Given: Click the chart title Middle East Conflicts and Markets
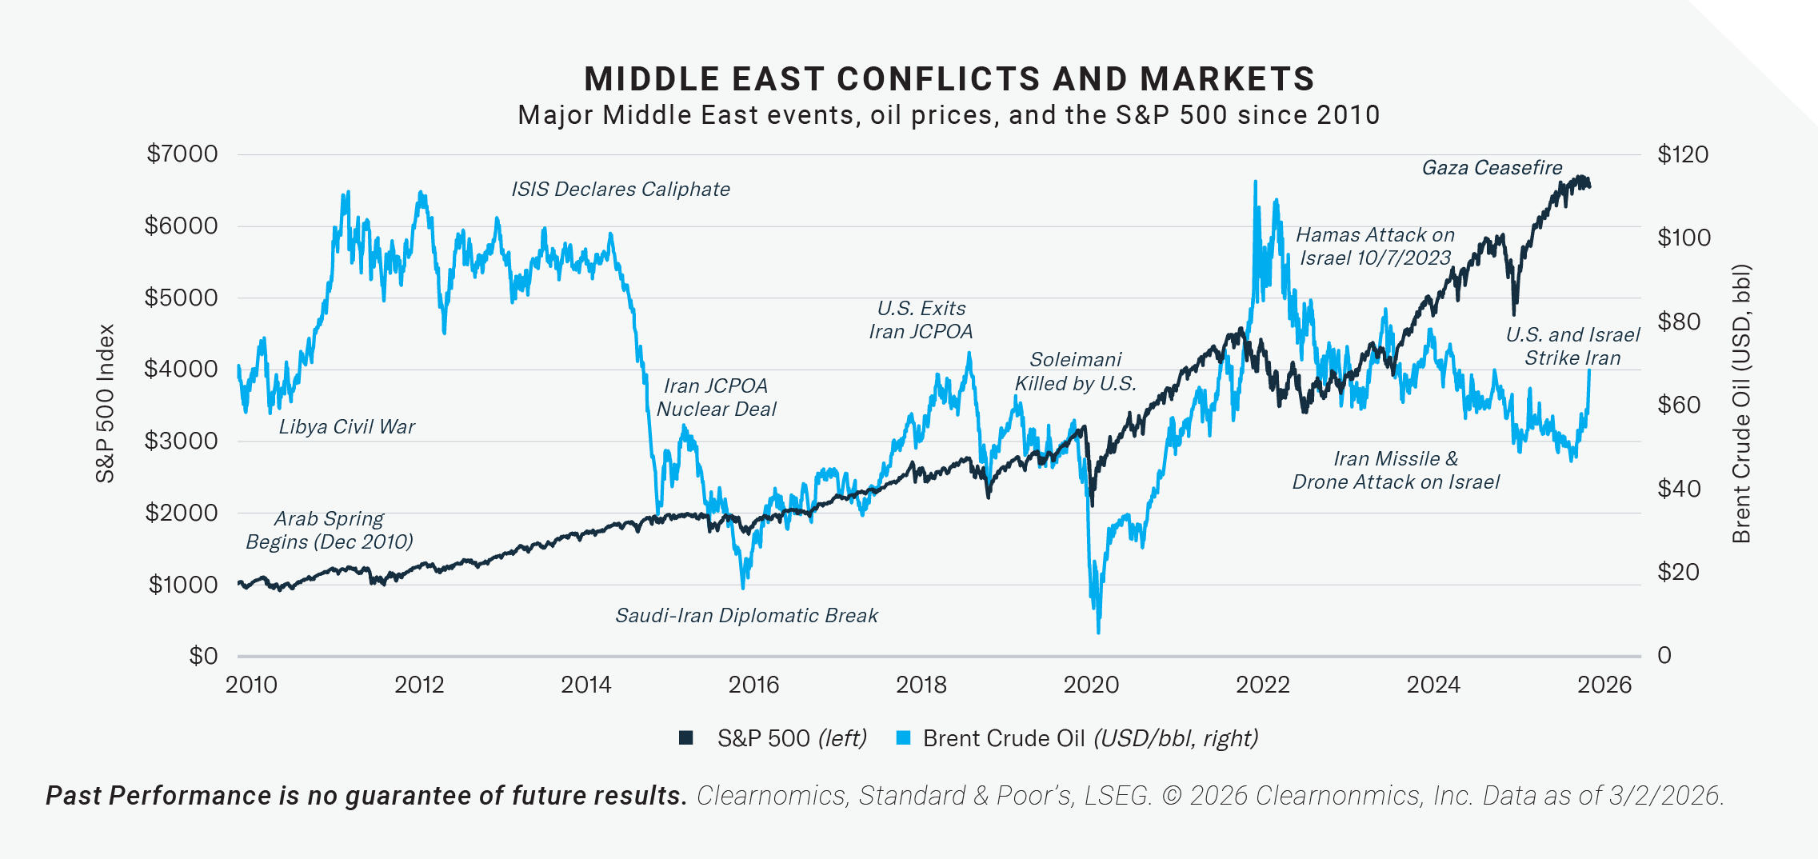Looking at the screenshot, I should [x=949, y=79].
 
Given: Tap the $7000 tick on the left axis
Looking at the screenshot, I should [x=182, y=154].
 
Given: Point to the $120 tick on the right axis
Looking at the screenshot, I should [x=1682, y=154].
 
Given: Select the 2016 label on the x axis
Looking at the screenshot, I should [x=753, y=685].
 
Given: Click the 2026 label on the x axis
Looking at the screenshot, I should [x=1604, y=685].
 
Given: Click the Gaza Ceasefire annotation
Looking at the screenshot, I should [x=1492, y=168].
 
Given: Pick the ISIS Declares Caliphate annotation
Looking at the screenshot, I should [x=620, y=190].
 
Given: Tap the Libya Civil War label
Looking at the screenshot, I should [x=346, y=427].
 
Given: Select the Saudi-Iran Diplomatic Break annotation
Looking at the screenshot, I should [x=746, y=616].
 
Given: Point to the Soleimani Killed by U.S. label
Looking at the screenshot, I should [x=1075, y=372].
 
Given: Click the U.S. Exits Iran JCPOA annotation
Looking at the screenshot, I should [x=921, y=320].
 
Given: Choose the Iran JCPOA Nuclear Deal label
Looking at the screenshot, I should [x=716, y=398].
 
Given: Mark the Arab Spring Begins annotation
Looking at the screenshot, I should [x=329, y=530].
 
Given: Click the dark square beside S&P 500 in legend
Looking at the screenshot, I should [x=685, y=738].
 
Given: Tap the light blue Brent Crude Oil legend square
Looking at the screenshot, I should [x=903, y=738].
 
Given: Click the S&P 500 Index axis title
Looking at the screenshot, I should [x=106, y=404].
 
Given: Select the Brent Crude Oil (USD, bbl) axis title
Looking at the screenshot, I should [x=1741, y=404].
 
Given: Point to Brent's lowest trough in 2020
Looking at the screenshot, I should [x=1098, y=632].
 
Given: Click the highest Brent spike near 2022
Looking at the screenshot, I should [x=1255, y=182].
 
